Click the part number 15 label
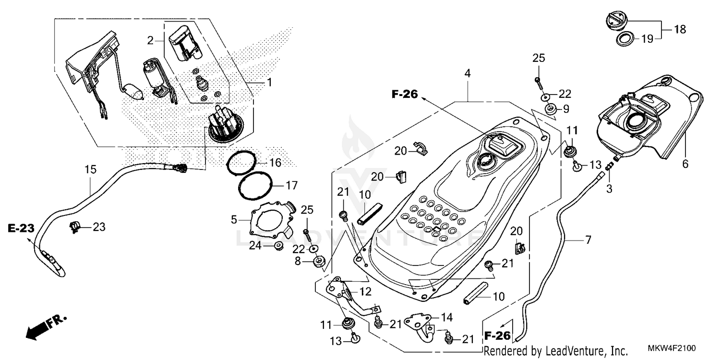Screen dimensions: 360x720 coord(91,169)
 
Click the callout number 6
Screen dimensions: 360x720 coord(685,164)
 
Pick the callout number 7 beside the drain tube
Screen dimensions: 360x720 coord(588,239)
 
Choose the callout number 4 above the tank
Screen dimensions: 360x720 coord(468,73)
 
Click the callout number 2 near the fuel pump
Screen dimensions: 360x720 coord(151,41)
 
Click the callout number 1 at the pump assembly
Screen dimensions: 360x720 coord(269,83)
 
